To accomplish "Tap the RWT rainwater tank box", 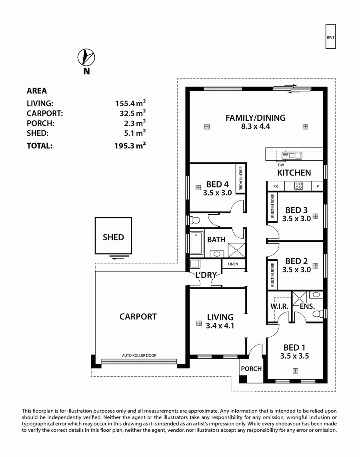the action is pyautogui.click(x=330, y=36).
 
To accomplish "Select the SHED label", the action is pyautogui.click(x=113, y=237).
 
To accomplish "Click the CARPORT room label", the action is pyautogui.click(x=138, y=317).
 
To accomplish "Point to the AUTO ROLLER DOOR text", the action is pyautogui.click(x=139, y=355).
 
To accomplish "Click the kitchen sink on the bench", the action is pyautogui.click(x=292, y=156).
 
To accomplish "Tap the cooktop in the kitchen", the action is pyautogui.click(x=298, y=186).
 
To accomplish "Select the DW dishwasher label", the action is pyautogui.click(x=281, y=165).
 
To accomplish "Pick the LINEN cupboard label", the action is pyautogui.click(x=233, y=264).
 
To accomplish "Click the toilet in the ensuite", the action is pyautogui.click(x=318, y=313).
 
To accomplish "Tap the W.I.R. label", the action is pyautogui.click(x=279, y=306).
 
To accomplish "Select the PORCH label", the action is pyautogui.click(x=251, y=369).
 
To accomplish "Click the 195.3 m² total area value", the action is pyautogui.click(x=130, y=145).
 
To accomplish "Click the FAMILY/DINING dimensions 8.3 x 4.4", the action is pyautogui.click(x=255, y=126).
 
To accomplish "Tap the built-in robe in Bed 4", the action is pyautogui.click(x=240, y=178).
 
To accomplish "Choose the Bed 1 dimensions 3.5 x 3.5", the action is pyautogui.click(x=295, y=356).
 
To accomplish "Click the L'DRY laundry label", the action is pyautogui.click(x=206, y=275).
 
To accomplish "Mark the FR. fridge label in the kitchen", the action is pyautogui.click(x=276, y=187).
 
